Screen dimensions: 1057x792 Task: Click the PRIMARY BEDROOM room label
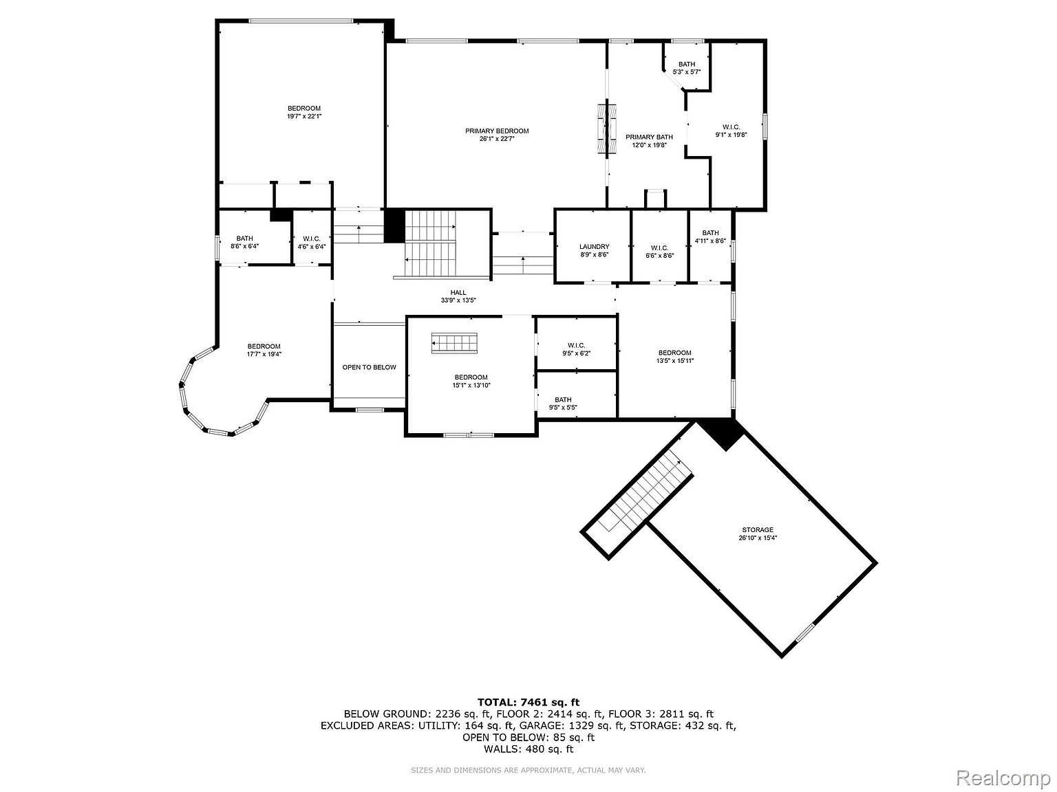click(x=497, y=131)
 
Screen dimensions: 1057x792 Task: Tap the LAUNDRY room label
click(x=595, y=247)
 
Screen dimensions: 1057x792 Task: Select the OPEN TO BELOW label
click(x=370, y=367)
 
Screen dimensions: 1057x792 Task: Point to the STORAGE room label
click(x=758, y=530)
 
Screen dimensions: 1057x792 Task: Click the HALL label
click(x=458, y=292)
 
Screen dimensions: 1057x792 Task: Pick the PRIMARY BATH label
click(x=649, y=137)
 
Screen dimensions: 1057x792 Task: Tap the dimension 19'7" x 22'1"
click(x=304, y=116)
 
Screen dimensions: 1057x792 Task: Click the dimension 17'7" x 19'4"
click(x=264, y=354)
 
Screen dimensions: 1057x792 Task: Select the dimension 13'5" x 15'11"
click(x=675, y=361)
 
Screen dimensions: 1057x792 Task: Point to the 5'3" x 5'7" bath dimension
click(x=687, y=71)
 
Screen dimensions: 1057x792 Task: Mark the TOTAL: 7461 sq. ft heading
click(x=528, y=703)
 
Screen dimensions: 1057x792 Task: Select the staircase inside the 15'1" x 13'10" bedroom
click(x=454, y=343)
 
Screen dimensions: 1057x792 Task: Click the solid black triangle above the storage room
click(x=721, y=434)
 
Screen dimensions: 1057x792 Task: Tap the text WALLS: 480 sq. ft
click(x=528, y=749)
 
